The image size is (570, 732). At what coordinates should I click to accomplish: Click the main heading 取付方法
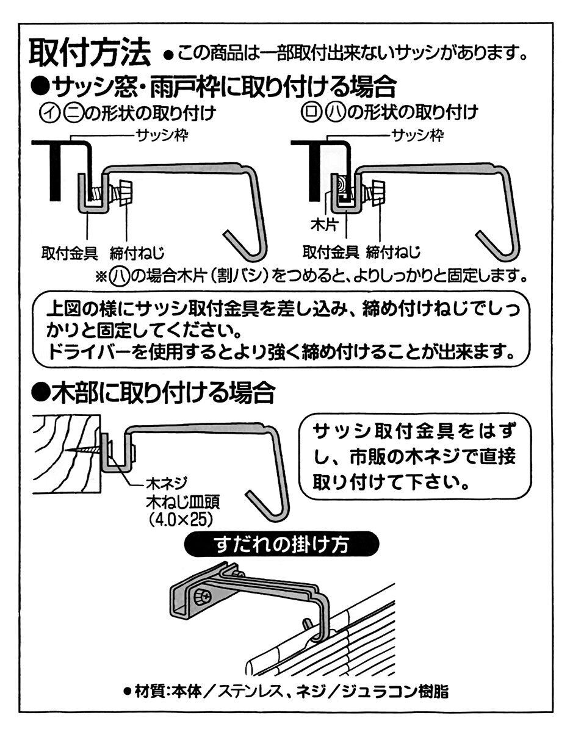click(89, 53)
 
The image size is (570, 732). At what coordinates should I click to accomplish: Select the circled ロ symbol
click(309, 113)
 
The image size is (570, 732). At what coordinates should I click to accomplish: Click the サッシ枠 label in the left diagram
click(162, 136)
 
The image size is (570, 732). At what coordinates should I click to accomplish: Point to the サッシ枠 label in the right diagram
click(417, 136)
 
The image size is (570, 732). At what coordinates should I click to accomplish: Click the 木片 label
click(323, 225)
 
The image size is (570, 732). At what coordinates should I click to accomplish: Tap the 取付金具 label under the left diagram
click(70, 253)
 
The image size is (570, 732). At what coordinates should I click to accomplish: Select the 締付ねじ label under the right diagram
click(393, 253)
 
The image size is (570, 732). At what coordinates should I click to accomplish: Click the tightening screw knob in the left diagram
click(124, 193)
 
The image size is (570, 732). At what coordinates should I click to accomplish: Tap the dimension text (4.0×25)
click(181, 521)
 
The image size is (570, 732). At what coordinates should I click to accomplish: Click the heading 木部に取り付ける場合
click(153, 393)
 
